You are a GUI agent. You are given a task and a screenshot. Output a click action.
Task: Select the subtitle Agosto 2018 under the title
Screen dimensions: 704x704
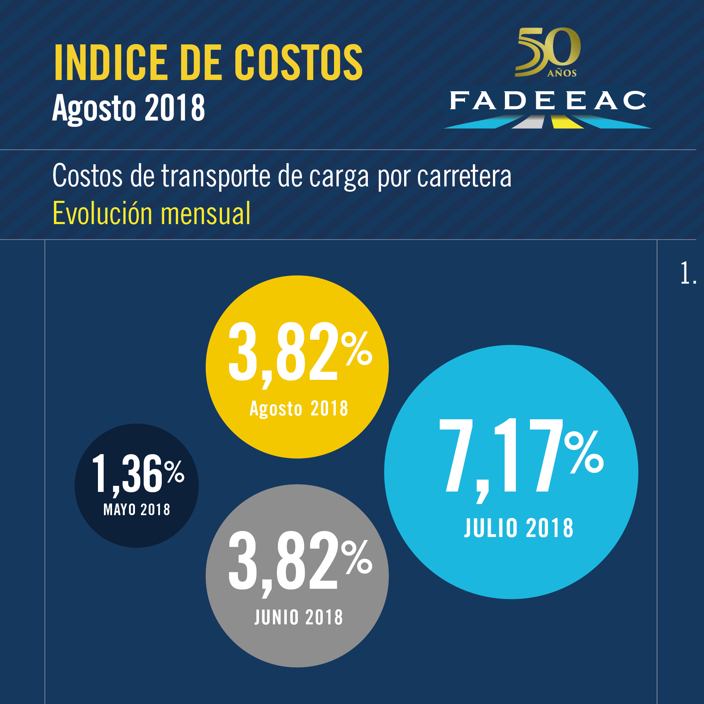click(x=128, y=108)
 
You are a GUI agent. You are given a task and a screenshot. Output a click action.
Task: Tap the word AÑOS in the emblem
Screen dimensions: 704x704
click(x=562, y=73)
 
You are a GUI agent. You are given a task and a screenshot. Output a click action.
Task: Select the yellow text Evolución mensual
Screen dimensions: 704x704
click(x=152, y=214)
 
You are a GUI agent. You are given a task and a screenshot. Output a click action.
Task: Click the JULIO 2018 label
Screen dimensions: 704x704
click(x=519, y=527)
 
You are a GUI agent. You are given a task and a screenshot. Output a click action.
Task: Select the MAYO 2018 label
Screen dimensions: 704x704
click(x=137, y=510)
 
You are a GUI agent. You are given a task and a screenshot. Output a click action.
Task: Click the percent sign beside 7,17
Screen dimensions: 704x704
click(x=584, y=452)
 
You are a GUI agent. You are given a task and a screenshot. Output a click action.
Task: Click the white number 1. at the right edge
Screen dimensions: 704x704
click(x=688, y=273)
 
